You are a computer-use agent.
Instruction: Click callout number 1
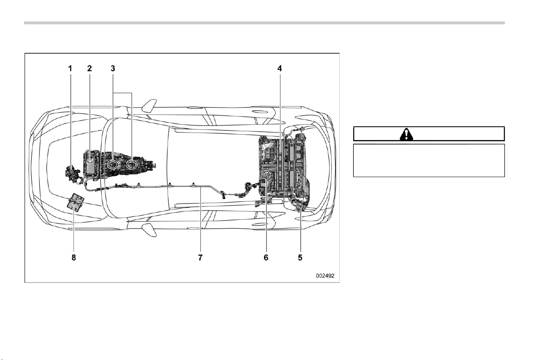tap(70, 69)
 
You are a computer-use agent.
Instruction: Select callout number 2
tap(90, 69)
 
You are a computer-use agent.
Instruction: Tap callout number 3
tap(113, 69)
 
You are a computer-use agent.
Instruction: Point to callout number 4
tap(279, 69)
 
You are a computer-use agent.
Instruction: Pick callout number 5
tap(300, 258)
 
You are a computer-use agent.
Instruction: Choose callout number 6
tap(266, 258)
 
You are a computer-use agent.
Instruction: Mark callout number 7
tap(200, 258)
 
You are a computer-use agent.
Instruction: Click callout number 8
tap(73, 258)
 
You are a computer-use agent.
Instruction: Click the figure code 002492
tap(325, 276)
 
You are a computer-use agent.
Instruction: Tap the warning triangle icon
tap(406, 135)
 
